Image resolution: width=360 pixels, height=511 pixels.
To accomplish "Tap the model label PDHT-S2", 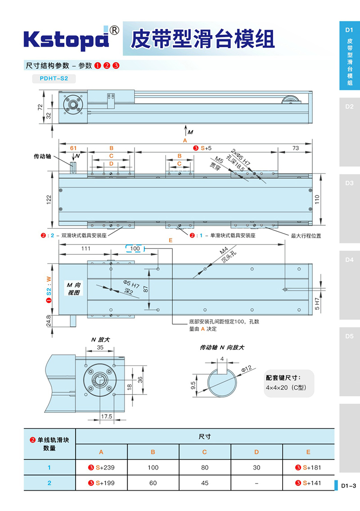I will pyautogui.click(x=54, y=78).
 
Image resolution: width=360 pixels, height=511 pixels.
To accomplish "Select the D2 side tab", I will pyautogui.click(x=349, y=107).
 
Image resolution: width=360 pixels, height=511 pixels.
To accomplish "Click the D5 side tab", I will pyautogui.click(x=349, y=336).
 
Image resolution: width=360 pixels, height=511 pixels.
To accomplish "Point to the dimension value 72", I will pyautogui.click(x=40, y=107).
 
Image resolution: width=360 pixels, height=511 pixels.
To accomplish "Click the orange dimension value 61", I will pyautogui.click(x=73, y=148).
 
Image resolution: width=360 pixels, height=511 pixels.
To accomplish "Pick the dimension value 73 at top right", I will pyautogui.click(x=295, y=148).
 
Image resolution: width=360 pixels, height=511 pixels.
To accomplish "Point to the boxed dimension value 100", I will pyautogui.click(x=135, y=249).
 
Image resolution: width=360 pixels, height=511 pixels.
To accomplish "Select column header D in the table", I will pyautogui.click(x=256, y=452).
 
